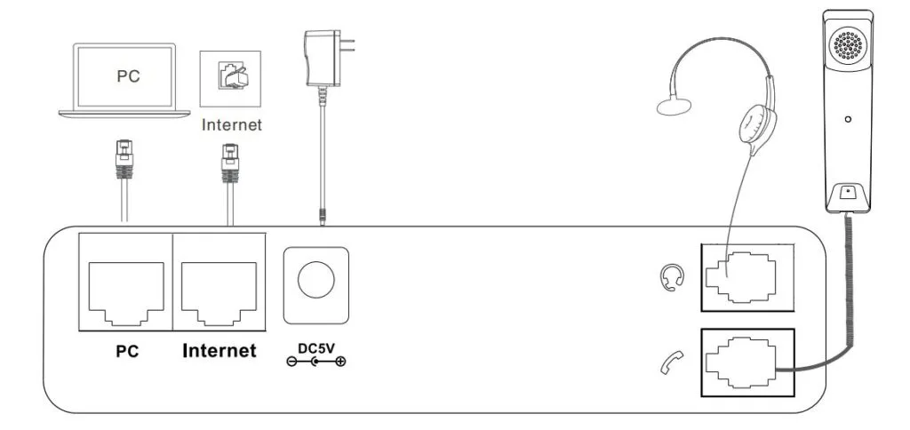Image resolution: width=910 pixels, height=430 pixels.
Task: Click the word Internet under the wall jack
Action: click(232, 124)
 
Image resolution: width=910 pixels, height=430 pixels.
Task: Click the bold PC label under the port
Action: click(127, 351)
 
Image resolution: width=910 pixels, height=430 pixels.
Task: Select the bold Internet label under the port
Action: click(220, 351)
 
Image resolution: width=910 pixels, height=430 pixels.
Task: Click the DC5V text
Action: click(315, 346)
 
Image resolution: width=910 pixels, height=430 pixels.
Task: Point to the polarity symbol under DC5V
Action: click(316, 362)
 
